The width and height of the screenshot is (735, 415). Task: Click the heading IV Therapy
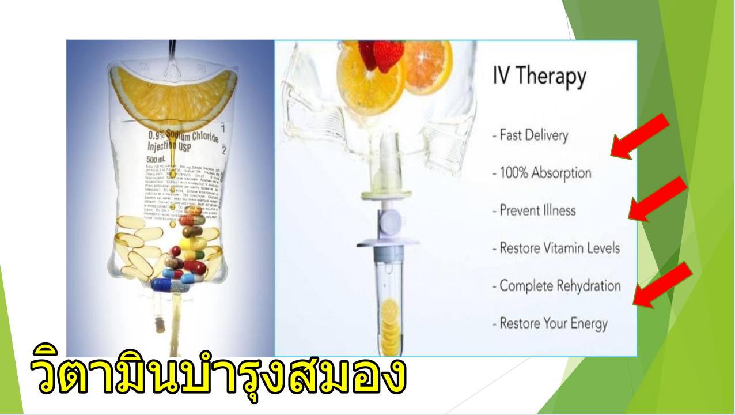pos(539,77)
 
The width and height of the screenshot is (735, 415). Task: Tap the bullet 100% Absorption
pos(541,173)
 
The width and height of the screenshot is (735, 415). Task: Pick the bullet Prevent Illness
pos(534,210)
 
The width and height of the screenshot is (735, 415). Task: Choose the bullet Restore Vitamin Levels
pos(556,248)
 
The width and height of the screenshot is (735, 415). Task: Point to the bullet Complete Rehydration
pos(556,286)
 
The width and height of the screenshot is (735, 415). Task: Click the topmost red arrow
pos(640,136)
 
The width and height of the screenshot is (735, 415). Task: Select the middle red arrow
pos(657,199)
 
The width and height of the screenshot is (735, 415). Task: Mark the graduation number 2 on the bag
pos(225,151)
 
